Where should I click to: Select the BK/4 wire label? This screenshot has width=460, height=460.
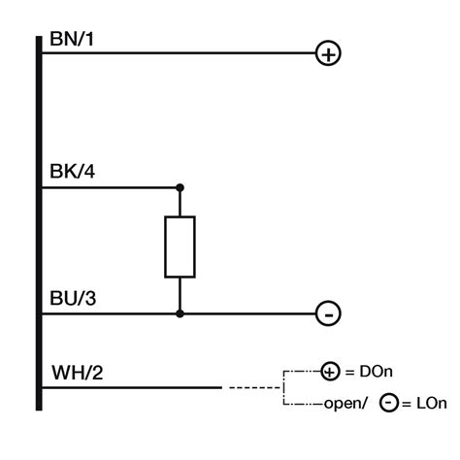pos(72,173)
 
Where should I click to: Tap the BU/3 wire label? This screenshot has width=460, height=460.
pos(72,298)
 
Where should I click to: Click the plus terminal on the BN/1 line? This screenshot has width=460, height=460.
pos(329,54)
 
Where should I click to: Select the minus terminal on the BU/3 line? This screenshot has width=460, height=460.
pos(329,313)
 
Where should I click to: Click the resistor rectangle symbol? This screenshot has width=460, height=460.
pos(180,247)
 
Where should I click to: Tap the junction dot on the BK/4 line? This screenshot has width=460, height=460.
pos(180,186)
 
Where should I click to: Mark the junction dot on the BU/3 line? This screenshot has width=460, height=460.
pos(180,313)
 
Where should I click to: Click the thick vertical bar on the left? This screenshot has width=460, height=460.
pos(39,223)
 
